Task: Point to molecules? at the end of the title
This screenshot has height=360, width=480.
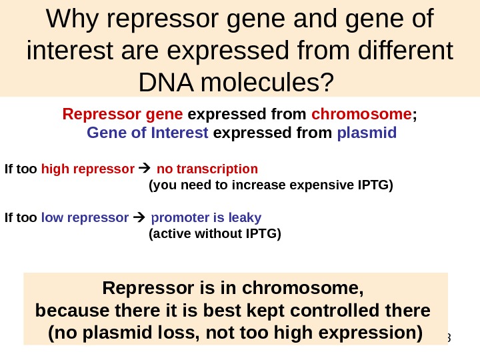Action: tap(280, 83)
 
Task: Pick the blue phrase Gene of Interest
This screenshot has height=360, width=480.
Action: tap(147, 132)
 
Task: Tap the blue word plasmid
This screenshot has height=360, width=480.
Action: tap(367, 132)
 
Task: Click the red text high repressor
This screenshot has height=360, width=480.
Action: tap(87, 168)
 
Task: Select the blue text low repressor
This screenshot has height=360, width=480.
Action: tap(85, 217)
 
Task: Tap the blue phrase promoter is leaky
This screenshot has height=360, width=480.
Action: tap(206, 217)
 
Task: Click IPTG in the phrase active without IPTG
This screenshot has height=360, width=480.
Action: tap(261, 233)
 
